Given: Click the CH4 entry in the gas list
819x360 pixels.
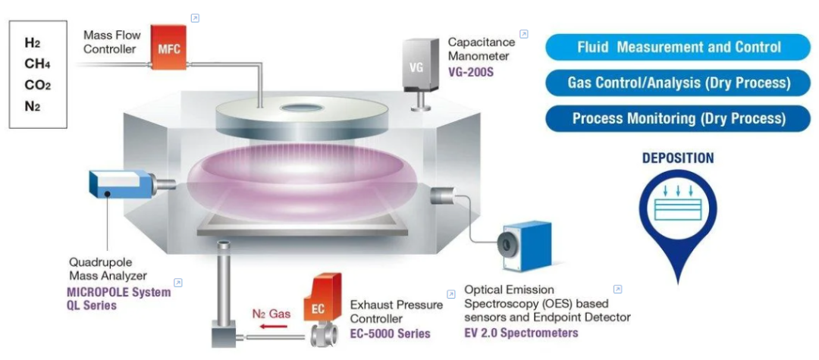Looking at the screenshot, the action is click(38, 64).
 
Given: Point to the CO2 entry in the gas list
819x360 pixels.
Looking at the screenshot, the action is click(38, 85).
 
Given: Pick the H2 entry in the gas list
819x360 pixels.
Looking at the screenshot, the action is click(33, 43).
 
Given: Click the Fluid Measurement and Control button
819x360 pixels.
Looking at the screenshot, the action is click(678, 48).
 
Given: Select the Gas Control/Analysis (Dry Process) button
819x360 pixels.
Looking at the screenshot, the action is click(678, 83).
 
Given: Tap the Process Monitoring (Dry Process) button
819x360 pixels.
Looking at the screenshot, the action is click(678, 118).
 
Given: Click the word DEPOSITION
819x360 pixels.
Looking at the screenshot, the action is click(678, 158).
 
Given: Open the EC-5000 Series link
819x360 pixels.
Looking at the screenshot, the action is click(390, 333).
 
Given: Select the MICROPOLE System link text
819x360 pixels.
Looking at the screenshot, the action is click(119, 293).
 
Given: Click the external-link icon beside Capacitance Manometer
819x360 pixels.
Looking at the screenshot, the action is click(523, 34).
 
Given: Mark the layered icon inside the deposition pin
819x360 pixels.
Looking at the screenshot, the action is click(678, 201).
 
